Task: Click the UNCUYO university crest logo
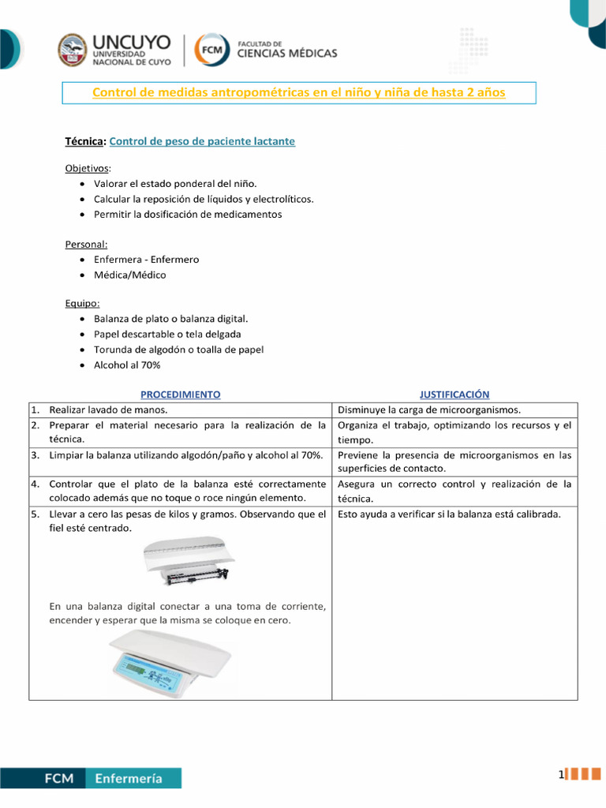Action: [73, 50]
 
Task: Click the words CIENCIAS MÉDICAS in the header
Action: [287, 54]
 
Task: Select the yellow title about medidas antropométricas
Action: [298, 93]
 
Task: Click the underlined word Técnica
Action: [84, 141]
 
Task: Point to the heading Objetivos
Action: [88, 169]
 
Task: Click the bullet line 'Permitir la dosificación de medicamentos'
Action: [187, 214]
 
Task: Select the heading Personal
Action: [86, 245]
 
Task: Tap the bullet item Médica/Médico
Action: [129, 275]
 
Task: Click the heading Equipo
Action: [83, 303]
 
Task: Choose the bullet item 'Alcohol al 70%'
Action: [126, 364]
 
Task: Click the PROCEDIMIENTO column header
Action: [180, 394]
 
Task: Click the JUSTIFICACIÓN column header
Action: [454, 394]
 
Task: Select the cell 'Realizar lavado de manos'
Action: [108, 410]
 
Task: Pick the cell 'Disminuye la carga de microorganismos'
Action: [428, 410]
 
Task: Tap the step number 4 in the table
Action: [36, 484]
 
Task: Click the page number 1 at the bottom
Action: [561, 776]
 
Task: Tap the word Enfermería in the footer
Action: [129, 778]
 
